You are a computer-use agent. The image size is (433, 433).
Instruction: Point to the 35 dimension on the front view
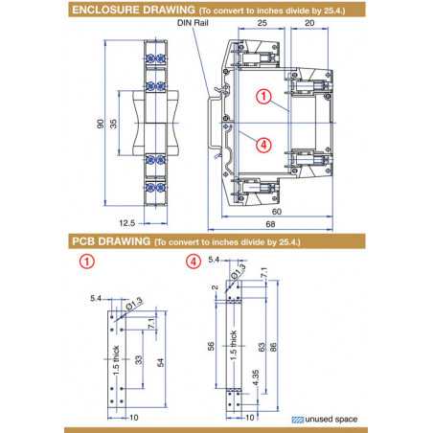click(x=114, y=125)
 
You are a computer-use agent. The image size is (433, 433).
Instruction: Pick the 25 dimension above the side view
click(x=263, y=22)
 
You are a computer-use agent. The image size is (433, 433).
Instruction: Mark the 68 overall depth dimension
click(x=285, y=222)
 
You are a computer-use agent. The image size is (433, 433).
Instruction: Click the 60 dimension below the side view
click(x=278, y=210)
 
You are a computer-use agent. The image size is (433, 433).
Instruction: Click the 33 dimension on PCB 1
click(x=140, y=359)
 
